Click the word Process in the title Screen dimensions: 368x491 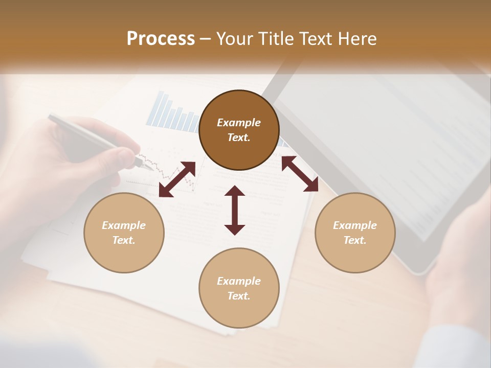161,39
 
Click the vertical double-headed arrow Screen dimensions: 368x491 235,210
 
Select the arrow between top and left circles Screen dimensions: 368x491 177,179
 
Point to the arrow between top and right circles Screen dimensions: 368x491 300,174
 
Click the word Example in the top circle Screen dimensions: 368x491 239,123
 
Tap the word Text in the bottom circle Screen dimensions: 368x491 239,296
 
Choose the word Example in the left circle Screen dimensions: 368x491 124,225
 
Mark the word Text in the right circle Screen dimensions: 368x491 355,240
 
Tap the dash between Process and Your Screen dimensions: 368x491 206,39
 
